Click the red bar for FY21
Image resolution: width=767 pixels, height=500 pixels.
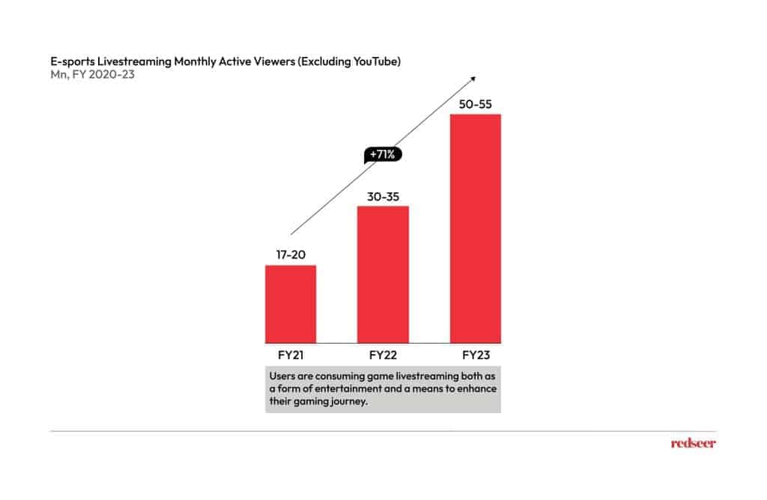tap(291, 303)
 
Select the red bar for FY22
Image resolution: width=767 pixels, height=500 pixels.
tap(383, 273)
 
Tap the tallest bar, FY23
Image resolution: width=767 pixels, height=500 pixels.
tap(475, 228)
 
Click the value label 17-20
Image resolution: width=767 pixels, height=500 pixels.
tap(291, 255)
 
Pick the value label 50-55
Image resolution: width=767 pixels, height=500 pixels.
tap(475, 104)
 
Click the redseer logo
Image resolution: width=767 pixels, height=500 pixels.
tap(693, 443)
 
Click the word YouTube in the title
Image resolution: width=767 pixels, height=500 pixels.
tap(375, 61)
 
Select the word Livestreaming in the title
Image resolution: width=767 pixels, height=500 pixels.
tap(135, 61)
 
